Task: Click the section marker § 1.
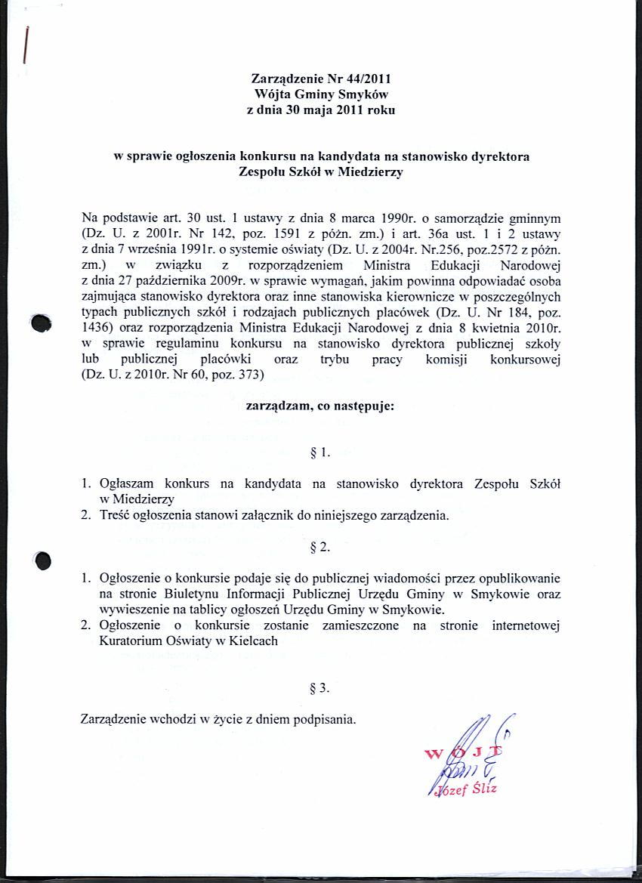(321, 454)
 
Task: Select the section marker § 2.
(321, 546)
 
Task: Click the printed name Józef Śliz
(468, 789)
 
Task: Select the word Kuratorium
(133, 641)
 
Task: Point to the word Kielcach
(253, 641)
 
